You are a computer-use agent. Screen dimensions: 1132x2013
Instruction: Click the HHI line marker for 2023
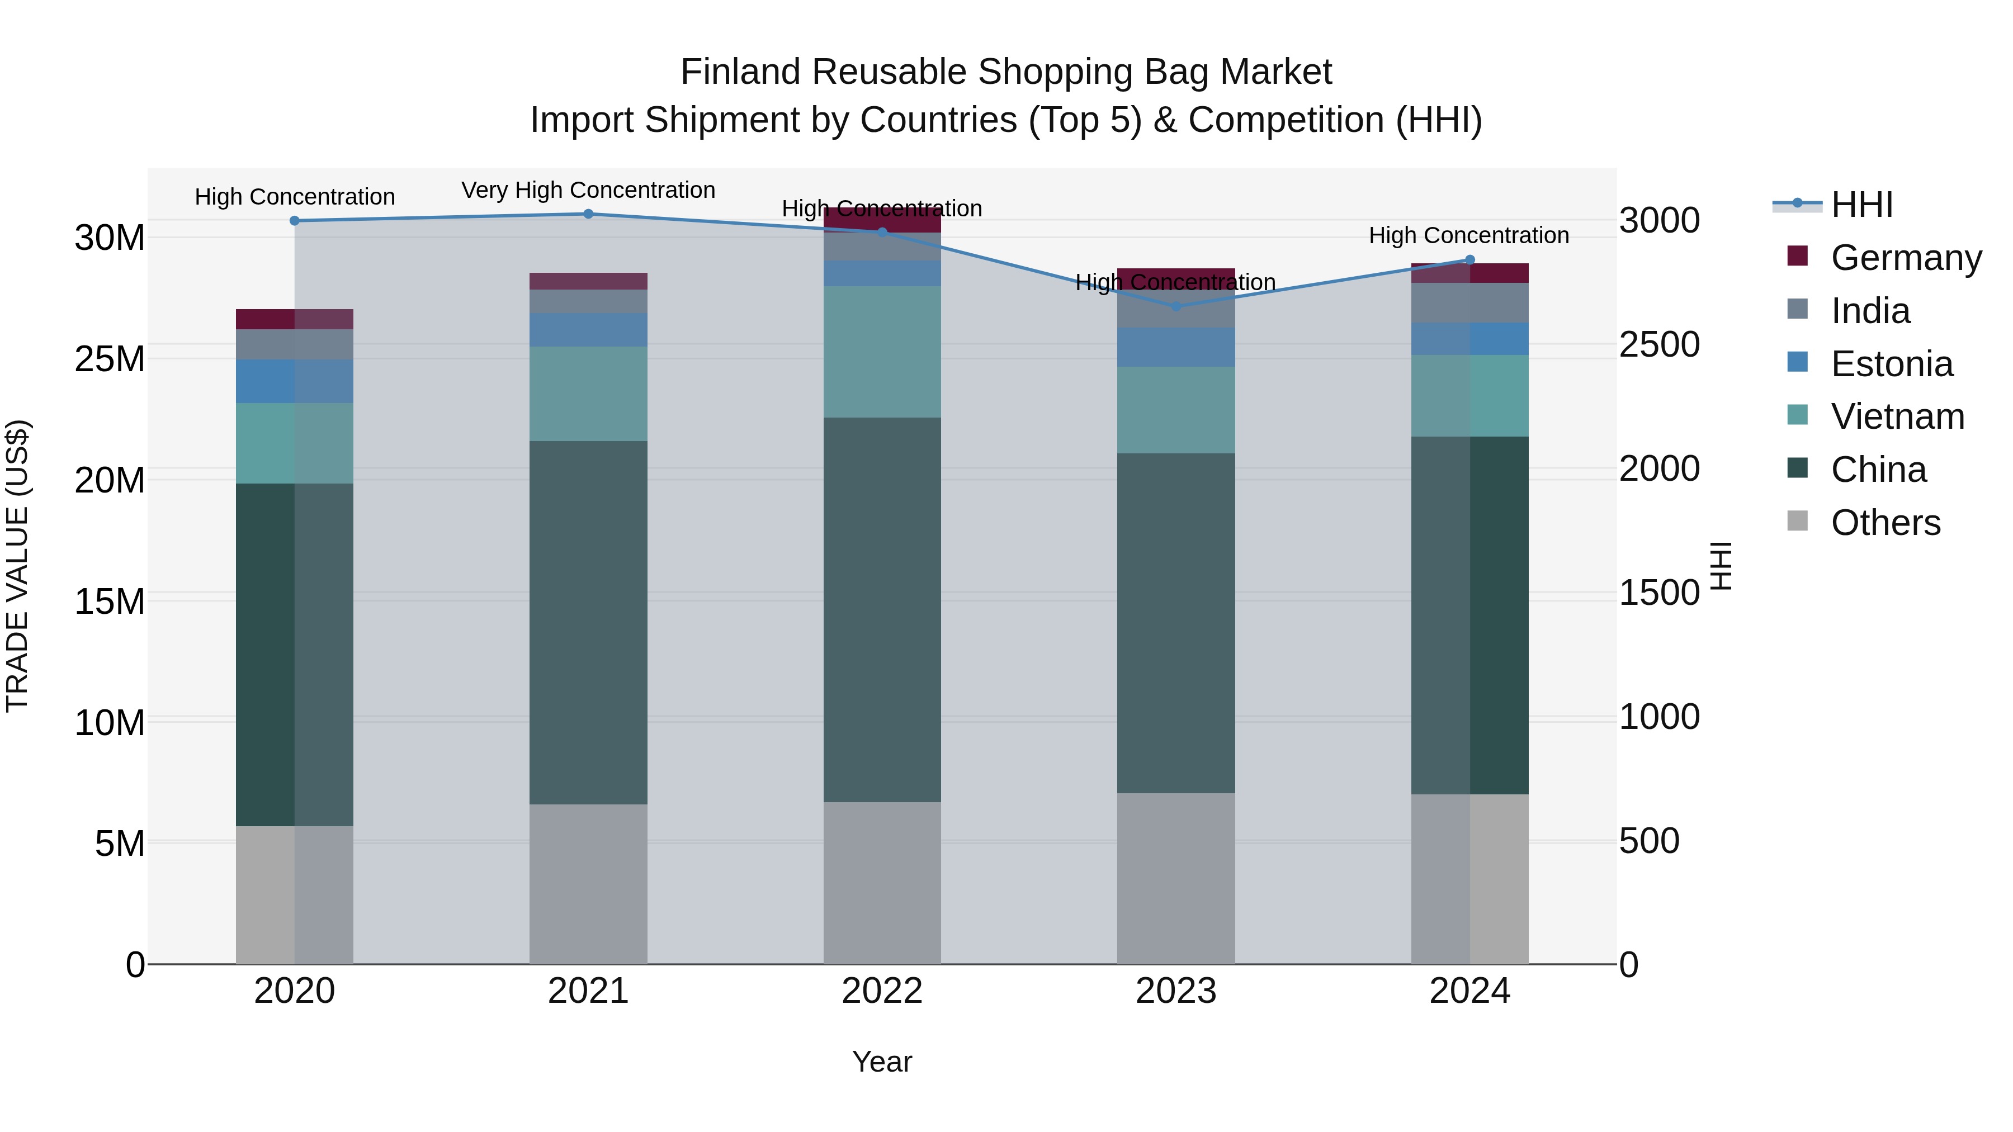click(1176, 306)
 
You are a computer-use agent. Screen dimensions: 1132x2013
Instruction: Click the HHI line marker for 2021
click(588, 214)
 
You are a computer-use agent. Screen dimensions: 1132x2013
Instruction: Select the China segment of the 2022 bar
click(882, 609)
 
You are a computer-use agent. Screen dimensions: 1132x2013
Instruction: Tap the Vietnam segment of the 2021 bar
click(588, 394)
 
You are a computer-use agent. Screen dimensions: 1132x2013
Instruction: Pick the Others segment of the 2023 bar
click(1176, 878)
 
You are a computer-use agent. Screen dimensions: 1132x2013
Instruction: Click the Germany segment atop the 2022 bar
click(882, 220)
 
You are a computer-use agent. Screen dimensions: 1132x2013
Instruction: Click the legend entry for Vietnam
click(1897, 416)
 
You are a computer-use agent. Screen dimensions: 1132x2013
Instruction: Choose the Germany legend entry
click(1905, 257)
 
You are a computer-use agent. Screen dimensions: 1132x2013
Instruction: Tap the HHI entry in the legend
click(1861, 205)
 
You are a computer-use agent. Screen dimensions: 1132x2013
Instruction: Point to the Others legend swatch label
click(1885, 523)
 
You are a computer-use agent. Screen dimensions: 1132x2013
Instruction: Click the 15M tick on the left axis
click(110, 601)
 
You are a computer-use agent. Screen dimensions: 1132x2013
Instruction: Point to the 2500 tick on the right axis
click(1659, 344)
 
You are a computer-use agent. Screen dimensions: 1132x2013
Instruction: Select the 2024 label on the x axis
click(1469, 991)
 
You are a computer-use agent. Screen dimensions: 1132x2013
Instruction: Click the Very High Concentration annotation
click(588, 190)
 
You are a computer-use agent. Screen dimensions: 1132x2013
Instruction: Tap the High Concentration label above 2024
click(1468, 235)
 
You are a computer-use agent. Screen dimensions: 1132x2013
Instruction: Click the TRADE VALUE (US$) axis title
click(17, 566)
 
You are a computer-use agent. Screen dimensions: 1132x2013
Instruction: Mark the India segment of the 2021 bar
click(588, 301)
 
